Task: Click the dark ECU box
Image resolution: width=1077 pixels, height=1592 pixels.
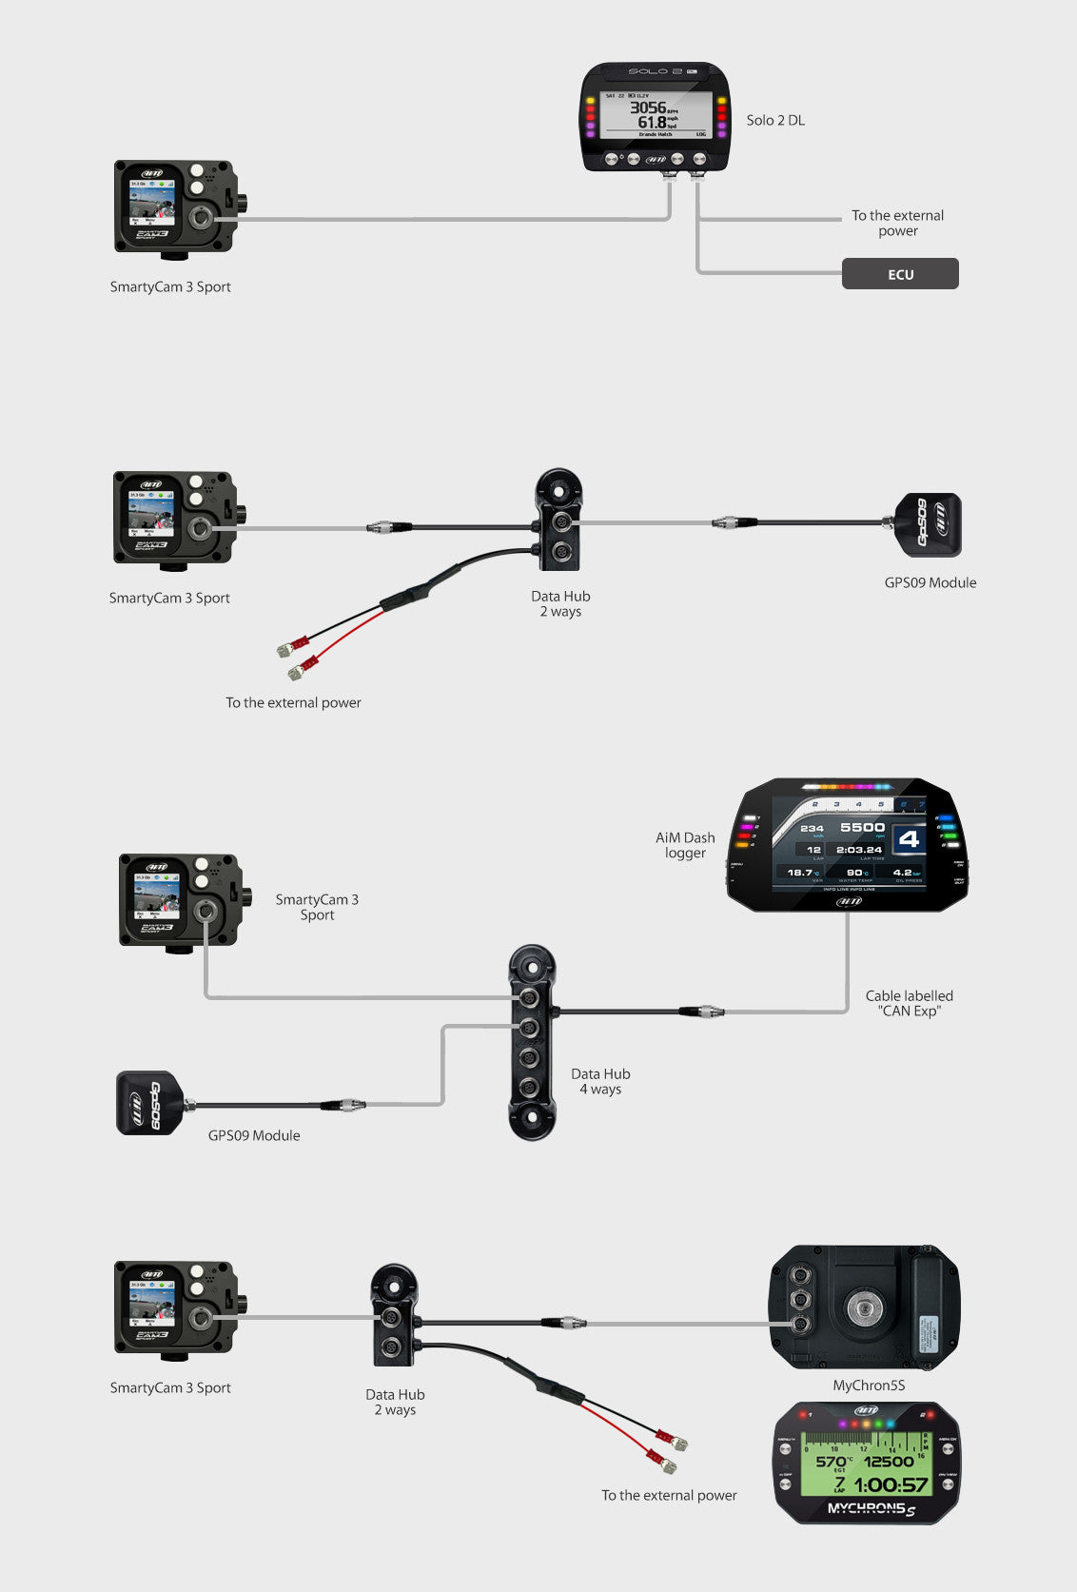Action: click(900, 274)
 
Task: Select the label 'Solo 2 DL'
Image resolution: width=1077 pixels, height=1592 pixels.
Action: click(775, 120)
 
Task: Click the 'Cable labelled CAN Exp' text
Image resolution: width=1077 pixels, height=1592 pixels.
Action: click(909, 1003)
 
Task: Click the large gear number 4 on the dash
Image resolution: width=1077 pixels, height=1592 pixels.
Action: click(909, 839)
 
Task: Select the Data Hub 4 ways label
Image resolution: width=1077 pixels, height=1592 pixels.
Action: click(600, 1081)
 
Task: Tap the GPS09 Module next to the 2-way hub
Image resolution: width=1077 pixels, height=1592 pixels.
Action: click(929, 524)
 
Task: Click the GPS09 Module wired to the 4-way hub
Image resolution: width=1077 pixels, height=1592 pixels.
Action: click(150, 1103)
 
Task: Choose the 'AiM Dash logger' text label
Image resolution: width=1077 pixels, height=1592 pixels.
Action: click(685, 845)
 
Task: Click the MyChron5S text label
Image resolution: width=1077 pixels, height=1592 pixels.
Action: click(869, 1386)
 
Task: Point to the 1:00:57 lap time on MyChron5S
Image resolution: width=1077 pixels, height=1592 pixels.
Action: click(891, 1485)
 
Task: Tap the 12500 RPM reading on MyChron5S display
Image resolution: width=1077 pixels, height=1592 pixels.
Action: click(889, 1462)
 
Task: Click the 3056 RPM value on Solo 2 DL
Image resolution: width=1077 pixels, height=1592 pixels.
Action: click(648, 108)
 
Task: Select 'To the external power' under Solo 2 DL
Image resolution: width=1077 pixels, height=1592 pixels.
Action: click(897, 223)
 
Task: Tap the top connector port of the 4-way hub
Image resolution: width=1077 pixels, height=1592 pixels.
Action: click(529, 998)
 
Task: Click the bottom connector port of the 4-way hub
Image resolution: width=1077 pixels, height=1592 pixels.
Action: click(529, 1087)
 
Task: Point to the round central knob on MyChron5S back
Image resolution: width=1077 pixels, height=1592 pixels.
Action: click(864, 1307)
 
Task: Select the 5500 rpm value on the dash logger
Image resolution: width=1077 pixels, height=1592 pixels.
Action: click(863, 828)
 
